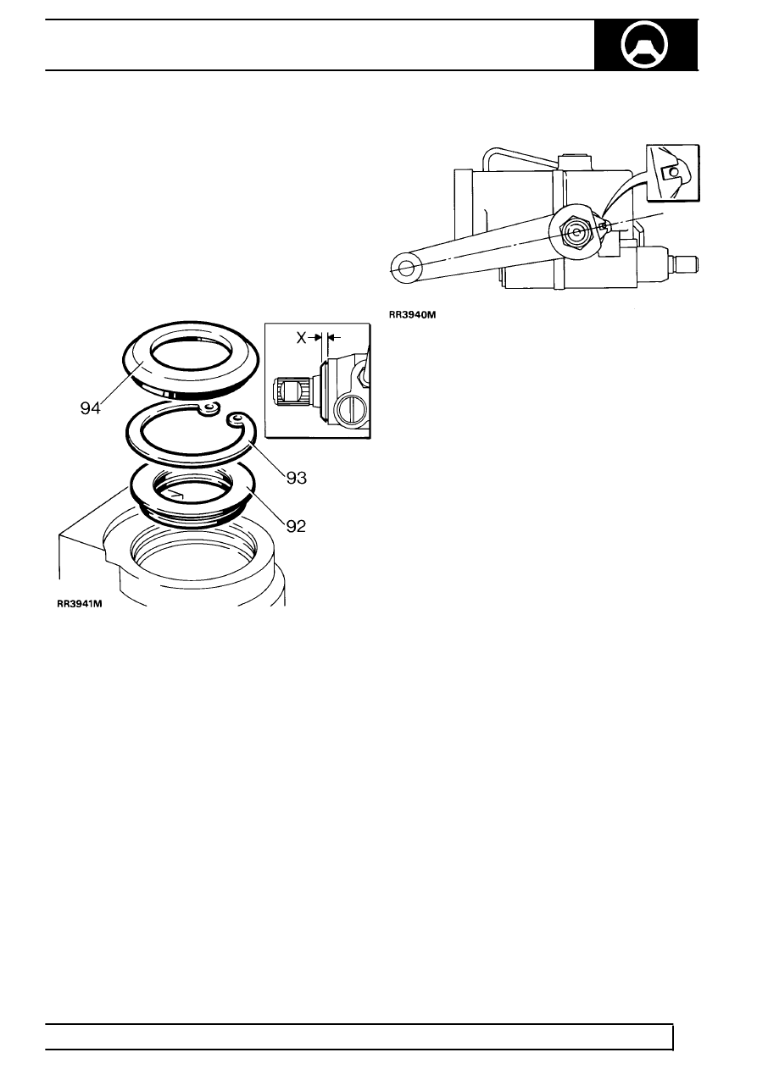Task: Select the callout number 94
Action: (x=90, y=408)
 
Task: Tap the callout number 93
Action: (x=297, y=478)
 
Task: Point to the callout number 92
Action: (x=296, y=526)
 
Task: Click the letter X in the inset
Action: (x=302, y=338)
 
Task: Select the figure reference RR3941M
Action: (x=80, y=604)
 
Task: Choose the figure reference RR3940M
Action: (x=413, y=315)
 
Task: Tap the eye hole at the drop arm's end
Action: (x=406, y=268)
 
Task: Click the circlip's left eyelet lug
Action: (x=209, y=408)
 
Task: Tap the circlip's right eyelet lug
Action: (x=237, y=419)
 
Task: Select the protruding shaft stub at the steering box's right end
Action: (x=685, y=263)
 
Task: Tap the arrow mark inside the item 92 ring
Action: (x=176, y=496)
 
